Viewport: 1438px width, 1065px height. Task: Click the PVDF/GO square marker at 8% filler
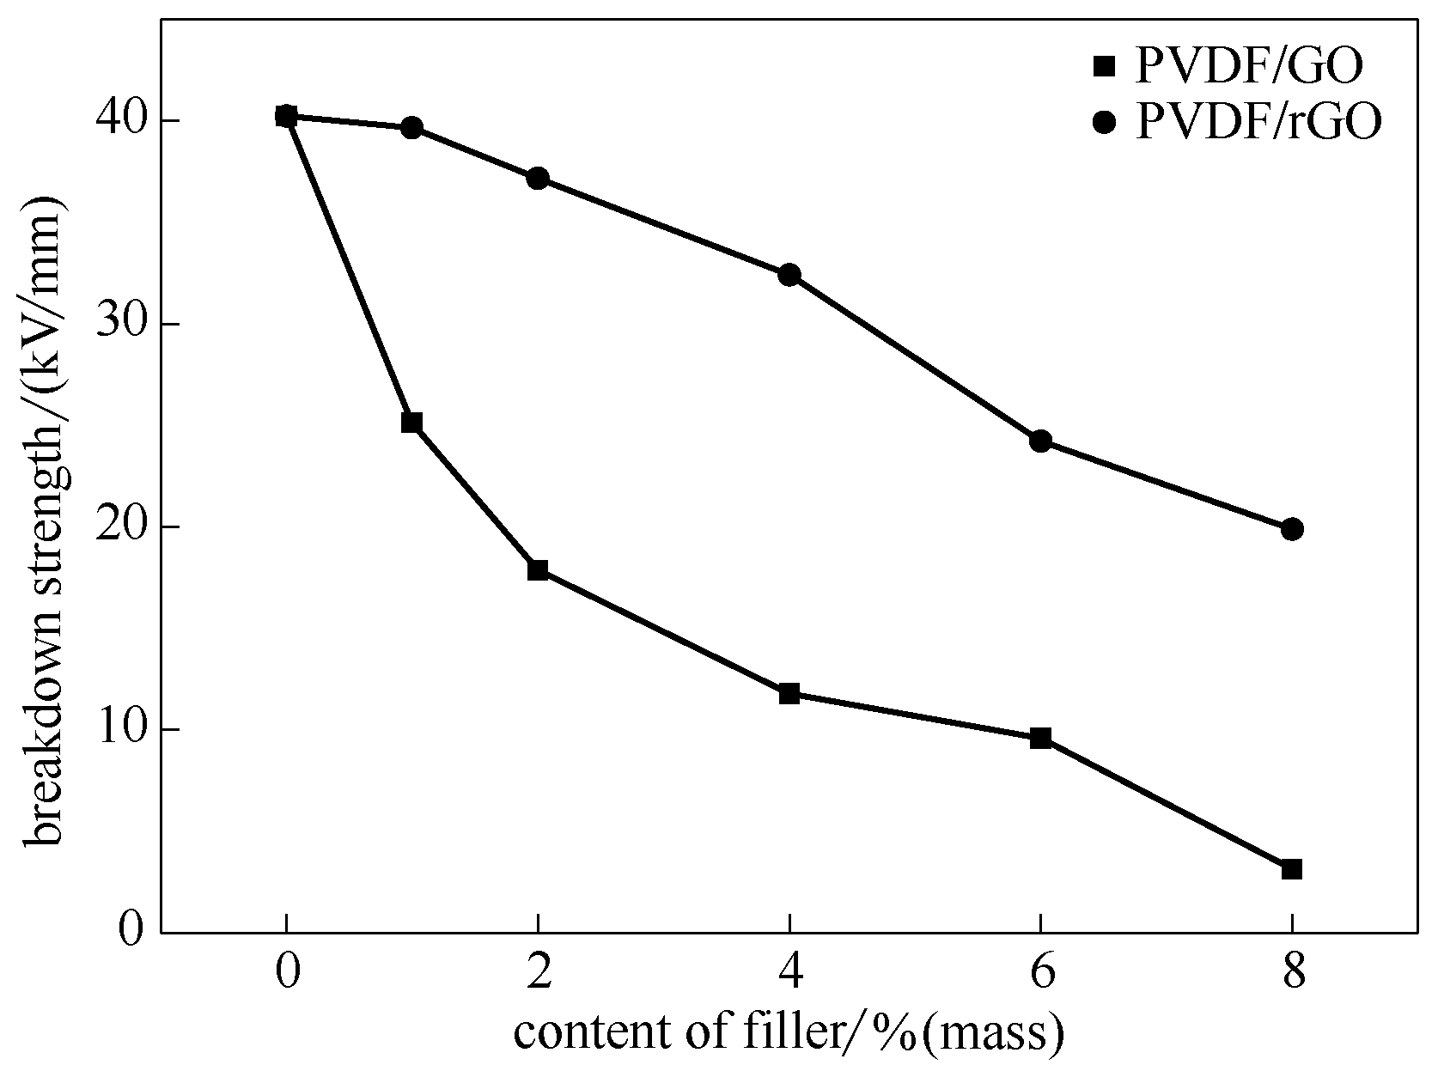(x=1291, y=869)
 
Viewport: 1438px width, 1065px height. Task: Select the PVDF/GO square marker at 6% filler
(x=1040, y=738)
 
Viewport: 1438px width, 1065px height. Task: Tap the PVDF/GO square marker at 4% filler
(x=789, y=693)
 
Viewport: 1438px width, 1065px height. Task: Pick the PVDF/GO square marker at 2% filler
(x=538, y=569)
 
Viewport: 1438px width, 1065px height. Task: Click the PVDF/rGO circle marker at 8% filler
(x=1291, y=529)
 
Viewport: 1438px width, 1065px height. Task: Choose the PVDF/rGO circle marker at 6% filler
(x=1040, y=441)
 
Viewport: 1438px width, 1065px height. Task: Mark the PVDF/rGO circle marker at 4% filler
(x=789, y=275)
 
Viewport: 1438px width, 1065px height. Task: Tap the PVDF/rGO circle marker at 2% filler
(x=538, y=179)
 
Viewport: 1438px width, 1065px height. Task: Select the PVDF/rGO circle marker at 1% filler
(x=411, y=128)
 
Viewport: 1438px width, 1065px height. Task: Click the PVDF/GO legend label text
(x=1248, y=67)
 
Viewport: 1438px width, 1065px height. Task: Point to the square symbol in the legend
(x=1102, y=66)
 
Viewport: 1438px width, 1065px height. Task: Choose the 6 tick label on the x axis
(x=1040, y=974)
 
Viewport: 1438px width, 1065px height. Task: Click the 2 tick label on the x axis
(x=538, y=974)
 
